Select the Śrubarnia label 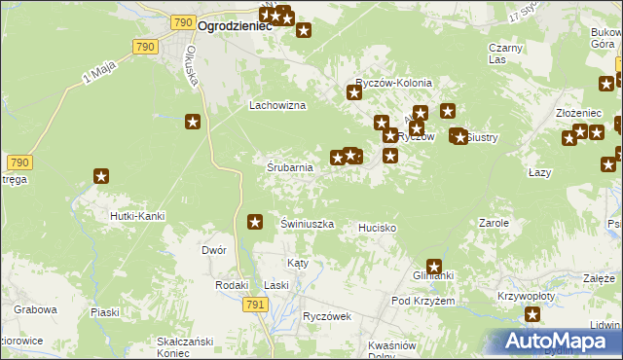290,167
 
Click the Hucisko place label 377,228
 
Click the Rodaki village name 232,284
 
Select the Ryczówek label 326,316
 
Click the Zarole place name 494,223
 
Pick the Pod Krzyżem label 423,302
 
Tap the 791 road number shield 255,305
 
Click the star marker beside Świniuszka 256,222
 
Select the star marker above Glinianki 434,266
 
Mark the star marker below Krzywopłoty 532,313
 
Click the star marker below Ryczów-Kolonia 354,93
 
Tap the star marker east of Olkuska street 193,122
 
